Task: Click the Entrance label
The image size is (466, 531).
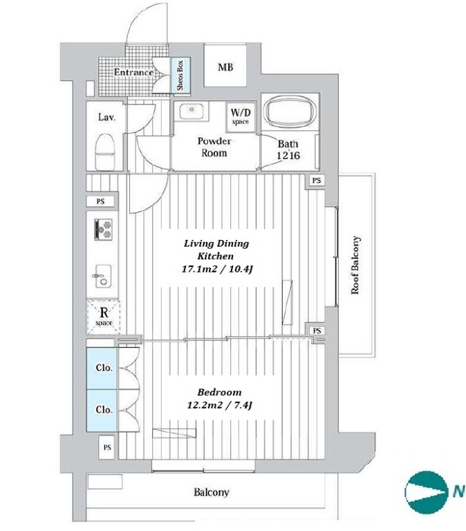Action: coord(133,72)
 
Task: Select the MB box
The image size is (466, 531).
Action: coord(225,68)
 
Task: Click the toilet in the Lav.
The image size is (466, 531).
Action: coord(105,149)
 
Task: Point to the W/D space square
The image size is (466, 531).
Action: coord(240,116)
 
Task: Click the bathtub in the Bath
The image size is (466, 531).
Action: coord(288,113)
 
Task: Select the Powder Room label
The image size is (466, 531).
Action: coord(214,147)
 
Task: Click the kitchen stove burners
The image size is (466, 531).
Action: coord(103,230)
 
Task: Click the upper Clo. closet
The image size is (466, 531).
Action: coord(104,368)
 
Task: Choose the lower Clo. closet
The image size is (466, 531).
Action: coord(104,409)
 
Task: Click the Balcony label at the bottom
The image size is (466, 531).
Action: coord(211,493)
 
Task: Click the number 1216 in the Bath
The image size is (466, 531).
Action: coord(288,156)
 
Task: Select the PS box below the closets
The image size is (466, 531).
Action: coord(107,447)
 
